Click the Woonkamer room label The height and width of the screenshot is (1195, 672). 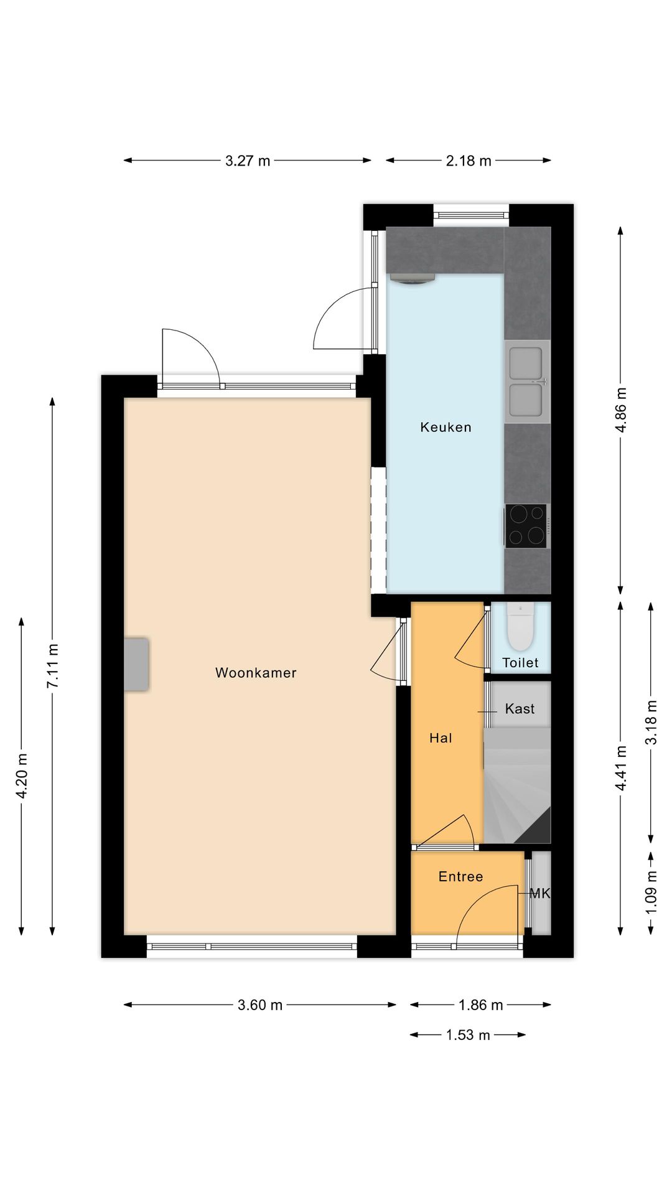pos(256,673)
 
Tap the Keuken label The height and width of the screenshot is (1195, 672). pos(446,427)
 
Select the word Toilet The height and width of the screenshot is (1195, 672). pos(520,663)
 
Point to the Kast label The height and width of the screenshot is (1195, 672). pos(520,709)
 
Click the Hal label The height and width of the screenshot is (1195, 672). pos(441,738)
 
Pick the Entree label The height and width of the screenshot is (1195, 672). pos(460,877)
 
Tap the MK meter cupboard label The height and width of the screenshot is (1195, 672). pos(539,894)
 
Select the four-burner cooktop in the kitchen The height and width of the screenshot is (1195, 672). pos(526,526)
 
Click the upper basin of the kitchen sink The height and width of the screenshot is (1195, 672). pos(526,363)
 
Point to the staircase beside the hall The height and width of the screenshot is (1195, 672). pos(517,786)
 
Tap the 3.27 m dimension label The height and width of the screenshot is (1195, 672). pos(248,161)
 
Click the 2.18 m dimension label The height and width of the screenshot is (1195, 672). pos(469,161)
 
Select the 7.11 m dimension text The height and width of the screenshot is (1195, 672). pos(53,666)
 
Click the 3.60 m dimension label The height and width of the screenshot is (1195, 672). pos(260,1005)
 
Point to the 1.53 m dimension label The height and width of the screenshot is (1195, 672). pos(468,1035)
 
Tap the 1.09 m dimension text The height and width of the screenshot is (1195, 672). pos(651,892)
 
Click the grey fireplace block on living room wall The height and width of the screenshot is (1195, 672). pos(136,664)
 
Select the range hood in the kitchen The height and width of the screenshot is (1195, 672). pos(412,278)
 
